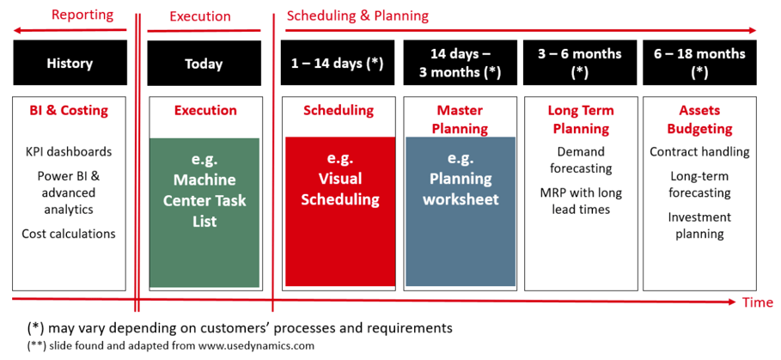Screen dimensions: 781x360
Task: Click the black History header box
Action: [x=70, y=64]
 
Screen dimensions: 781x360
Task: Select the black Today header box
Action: [x=204, y=64]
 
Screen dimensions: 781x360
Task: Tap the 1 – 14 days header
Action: [x=339, y=64]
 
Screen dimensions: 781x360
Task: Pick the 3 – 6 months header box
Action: [x=580, y=64]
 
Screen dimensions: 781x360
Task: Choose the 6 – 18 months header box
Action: [x=700, y=64]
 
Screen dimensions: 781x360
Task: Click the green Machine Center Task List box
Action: [x=204, y=212]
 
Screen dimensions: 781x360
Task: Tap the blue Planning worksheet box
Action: [x=461, y=211]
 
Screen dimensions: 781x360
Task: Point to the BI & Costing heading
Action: [x=70, y=110]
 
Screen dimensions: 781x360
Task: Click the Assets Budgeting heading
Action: [x=700, y=119]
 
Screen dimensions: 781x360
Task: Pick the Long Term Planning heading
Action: [x=581, y=119]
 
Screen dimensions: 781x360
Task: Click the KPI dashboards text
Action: [x=70, y=151]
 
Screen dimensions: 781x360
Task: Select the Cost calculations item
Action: [x=69, y=234]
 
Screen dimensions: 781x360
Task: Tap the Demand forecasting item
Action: [x=581, y=160]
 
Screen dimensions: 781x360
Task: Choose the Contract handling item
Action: [x=700, y=151]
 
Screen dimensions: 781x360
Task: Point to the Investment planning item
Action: [x=700, y=226]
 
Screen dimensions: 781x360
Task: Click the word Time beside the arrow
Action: [x=758, y=302]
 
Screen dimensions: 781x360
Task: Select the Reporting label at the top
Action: [x=83, y=15]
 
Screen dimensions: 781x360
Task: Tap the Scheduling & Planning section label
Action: [x=357, y=16]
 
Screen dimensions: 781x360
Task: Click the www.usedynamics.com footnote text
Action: [x=257, y=345]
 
